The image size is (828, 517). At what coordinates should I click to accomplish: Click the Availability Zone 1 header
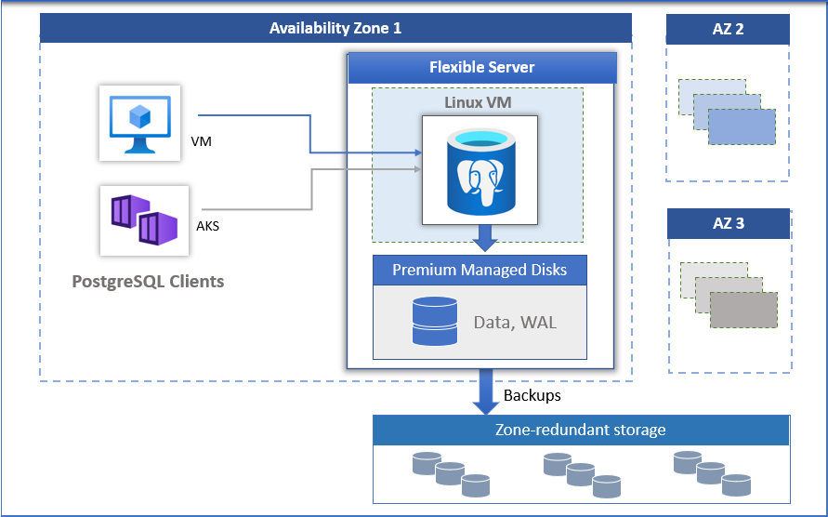tap(335, 28)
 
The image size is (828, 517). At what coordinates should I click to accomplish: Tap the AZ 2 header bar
tap(727, 30)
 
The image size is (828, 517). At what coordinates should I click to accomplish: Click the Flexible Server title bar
tap(481, 68)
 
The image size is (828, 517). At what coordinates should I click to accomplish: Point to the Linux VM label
tap(477, 102)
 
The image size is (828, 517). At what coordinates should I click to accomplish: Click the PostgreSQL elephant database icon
tap(480, 170)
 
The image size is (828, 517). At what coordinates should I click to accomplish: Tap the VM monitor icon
tap(139, 124)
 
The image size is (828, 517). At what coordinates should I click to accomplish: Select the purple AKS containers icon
tap(144, 220)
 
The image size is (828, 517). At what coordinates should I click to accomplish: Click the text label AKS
tap(208, 226)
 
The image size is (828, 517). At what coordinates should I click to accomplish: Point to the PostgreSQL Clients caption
tap(148, 281)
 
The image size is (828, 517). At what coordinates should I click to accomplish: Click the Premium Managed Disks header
tap(480, 271)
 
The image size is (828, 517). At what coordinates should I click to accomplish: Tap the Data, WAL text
tap(515, 323)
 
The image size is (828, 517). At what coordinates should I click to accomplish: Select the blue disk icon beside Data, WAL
tap(435, 323)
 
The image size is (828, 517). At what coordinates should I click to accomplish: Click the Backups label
tap(532, 395)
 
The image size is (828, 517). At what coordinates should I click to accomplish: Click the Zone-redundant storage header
tap(581, 430)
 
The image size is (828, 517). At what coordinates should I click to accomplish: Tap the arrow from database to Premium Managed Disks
tap(481, 239)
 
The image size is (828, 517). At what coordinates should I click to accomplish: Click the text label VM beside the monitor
tap(200, 142)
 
